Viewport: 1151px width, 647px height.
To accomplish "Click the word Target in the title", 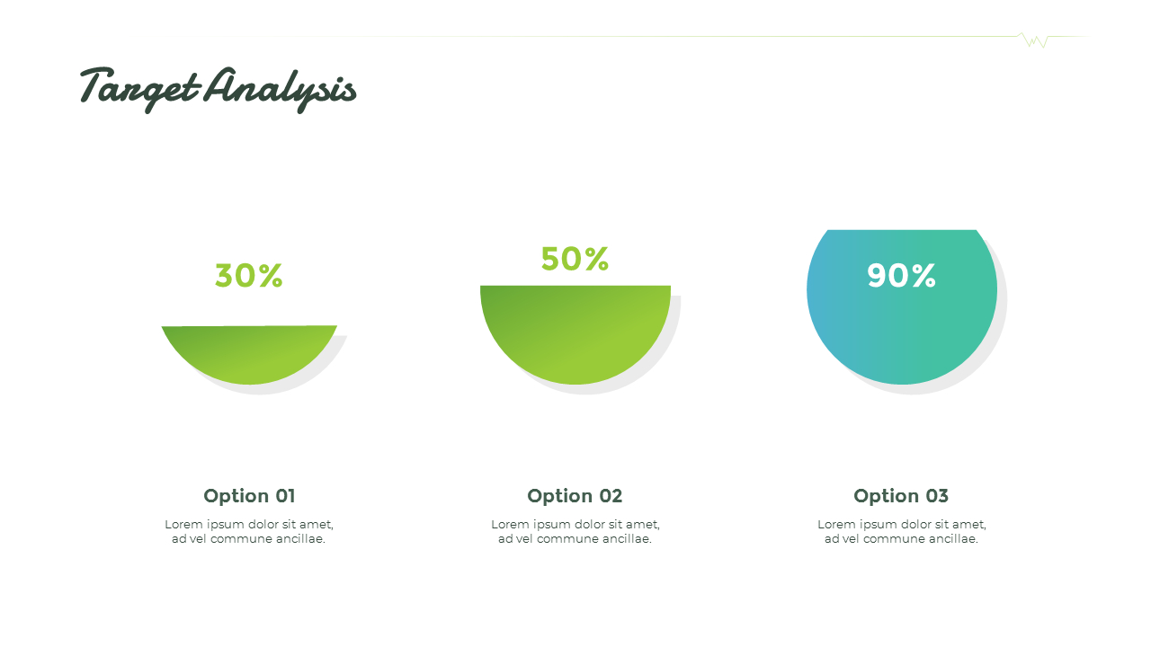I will [x=139, y=88].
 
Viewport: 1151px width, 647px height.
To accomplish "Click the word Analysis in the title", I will [x=280, y=89].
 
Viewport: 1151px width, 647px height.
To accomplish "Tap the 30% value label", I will [x=248, y=276].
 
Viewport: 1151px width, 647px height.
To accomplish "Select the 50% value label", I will [x=575, y=260].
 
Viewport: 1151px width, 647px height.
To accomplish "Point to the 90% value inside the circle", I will [x=901, y=276].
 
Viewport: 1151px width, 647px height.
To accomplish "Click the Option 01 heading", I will [x=249, y=496].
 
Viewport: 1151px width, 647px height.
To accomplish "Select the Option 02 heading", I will [x=575, y=496].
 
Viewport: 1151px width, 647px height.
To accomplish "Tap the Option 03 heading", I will [x=901, y=496].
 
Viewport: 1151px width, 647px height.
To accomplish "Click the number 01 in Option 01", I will [x=284, y=496].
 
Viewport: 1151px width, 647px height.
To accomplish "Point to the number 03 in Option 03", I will [x=936, y=496].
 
